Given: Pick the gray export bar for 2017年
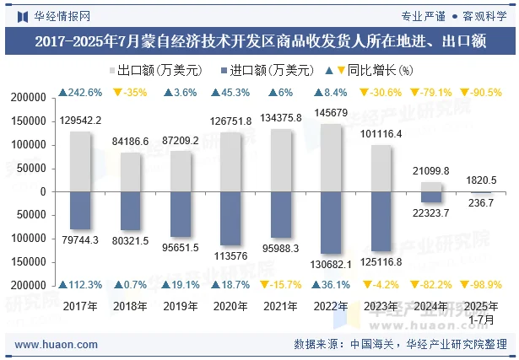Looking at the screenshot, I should (81, 161).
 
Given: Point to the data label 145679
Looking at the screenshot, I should (332, 113).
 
